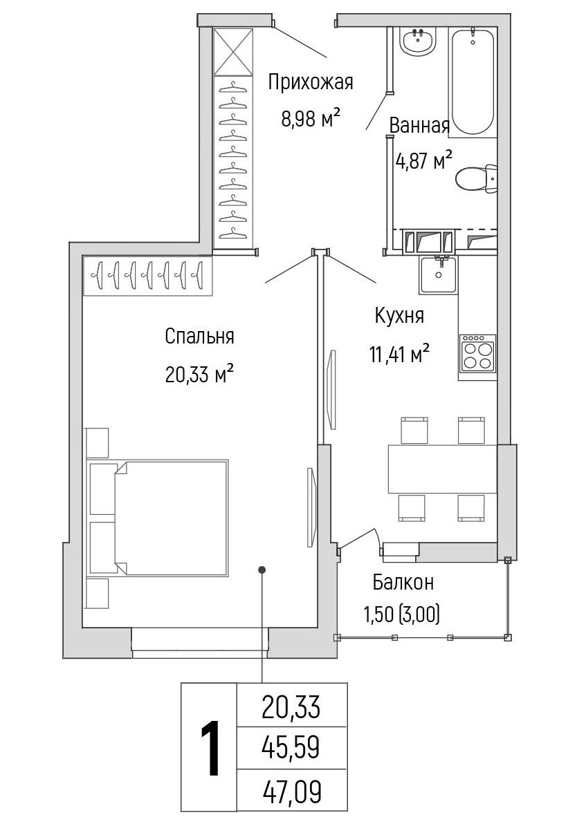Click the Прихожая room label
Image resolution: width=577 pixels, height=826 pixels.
coord(310,83)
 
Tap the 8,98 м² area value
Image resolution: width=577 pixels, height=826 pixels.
coord(309,118)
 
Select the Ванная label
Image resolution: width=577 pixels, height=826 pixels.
coord(419,126)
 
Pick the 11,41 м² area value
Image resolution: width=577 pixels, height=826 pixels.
coord(399,353)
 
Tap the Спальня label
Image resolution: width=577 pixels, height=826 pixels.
coord(199,336)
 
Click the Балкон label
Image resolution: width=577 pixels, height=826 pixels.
coord(403,582)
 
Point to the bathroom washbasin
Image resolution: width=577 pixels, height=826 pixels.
coord(418,41)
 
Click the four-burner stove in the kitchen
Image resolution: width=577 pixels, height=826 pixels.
coord(477,353)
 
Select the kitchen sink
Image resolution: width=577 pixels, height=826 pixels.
coord(438,274)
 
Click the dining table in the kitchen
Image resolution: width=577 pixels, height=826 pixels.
coord(443,469)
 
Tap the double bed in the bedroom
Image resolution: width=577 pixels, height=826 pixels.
coord(172,517)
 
